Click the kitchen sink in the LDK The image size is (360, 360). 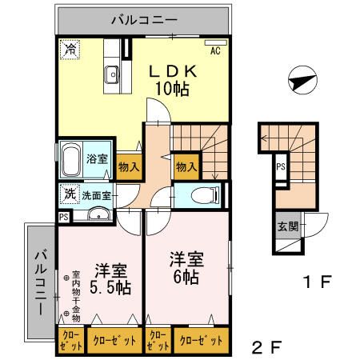[x=112, y=77]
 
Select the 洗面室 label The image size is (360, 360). [x=97, y=194]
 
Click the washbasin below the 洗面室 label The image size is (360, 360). [x=98, y=214]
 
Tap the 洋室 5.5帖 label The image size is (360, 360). [x=110, y=277]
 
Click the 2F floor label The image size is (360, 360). [x=266, y=348]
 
